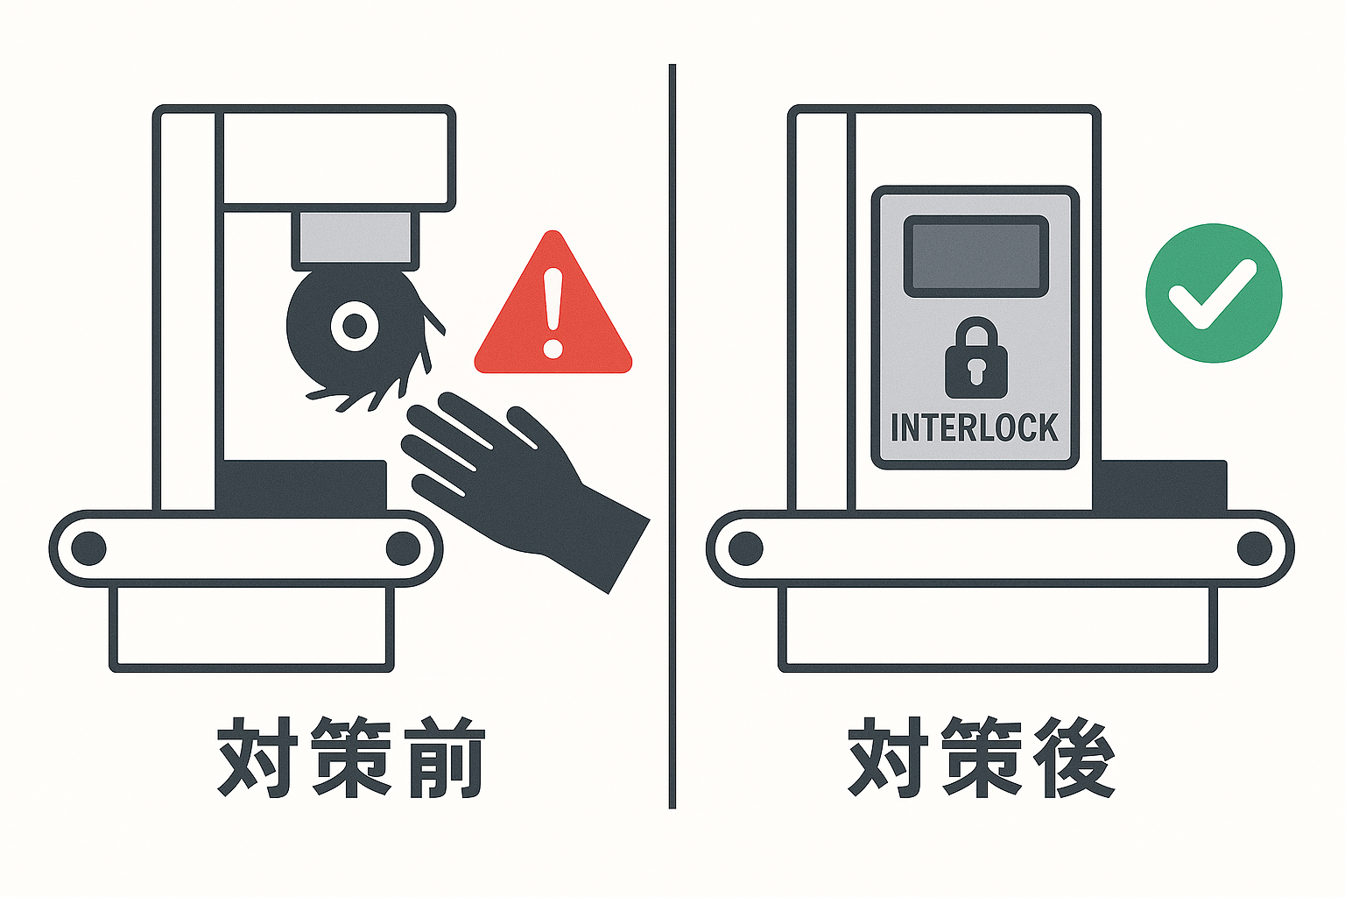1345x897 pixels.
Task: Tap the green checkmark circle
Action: click(x=1214, y=293)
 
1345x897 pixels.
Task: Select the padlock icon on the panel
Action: click(x=975, y=358)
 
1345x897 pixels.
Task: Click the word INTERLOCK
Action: click(x=974, y=427)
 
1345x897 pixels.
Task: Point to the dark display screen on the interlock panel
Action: click(x=975, y=256)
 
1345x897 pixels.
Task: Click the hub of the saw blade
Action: click(x=355, y=326)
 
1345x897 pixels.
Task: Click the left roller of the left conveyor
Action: click(x=88, y=548)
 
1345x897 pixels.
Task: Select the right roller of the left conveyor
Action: click(x=403, y=548)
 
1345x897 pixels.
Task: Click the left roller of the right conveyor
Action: click(x=746, y=548)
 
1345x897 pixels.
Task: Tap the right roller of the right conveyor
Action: click(x=1254, y=548)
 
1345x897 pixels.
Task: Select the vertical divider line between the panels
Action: click(x=672, y=436)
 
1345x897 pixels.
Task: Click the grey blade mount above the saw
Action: click(x=355, y=238)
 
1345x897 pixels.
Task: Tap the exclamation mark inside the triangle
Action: click(x=553, y=313)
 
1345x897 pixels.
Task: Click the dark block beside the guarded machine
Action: click(x=1158, y=485)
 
